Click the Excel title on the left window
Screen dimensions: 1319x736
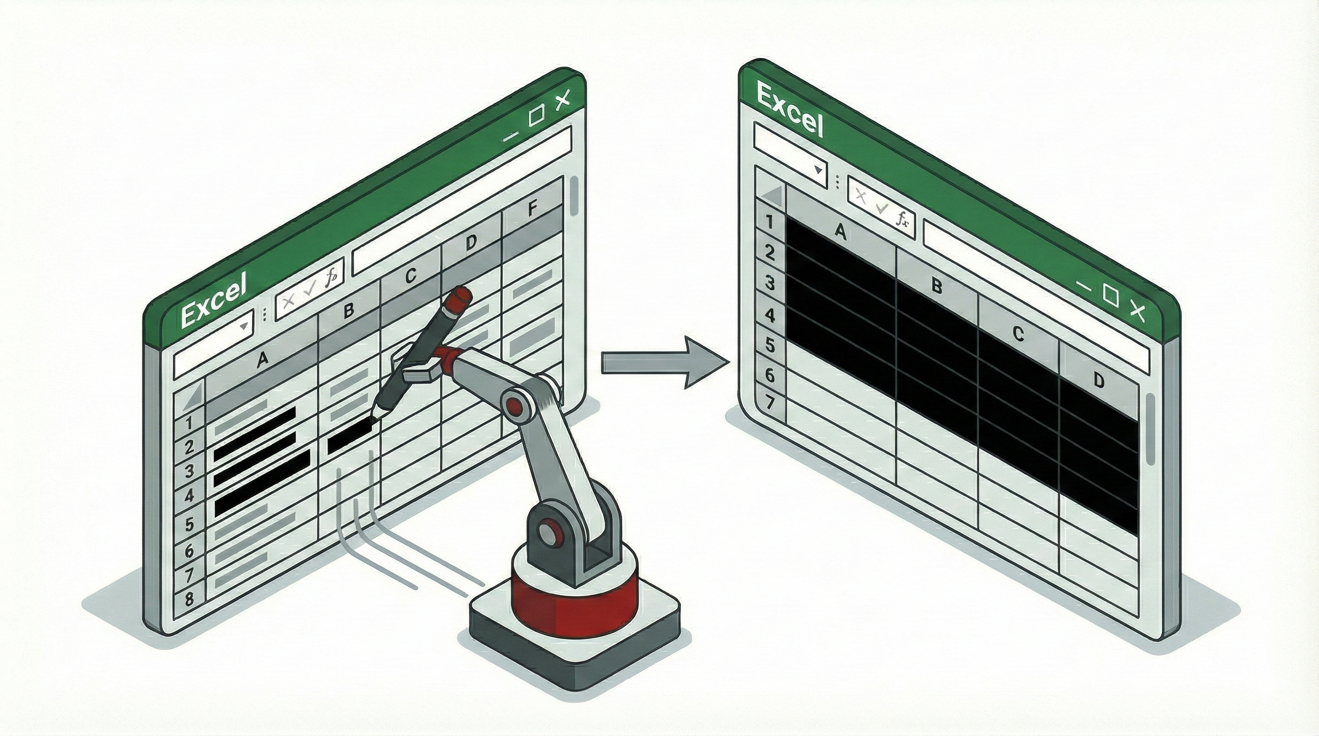click(x=213, y=299)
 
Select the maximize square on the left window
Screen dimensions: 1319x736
click(x=536, y=116)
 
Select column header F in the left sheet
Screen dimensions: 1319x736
click(x=532, y=209)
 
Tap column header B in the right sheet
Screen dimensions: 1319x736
click(x=936, y=286)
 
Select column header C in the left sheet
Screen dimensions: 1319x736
click(x=411, y=275)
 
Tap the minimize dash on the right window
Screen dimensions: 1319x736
click(x=1083, y=287)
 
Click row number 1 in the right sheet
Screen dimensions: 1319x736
click(x=769, y=222)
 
